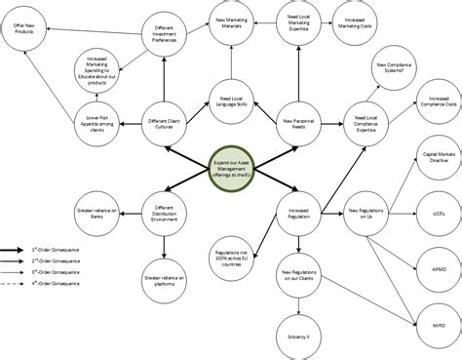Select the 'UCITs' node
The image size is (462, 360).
(438, 210)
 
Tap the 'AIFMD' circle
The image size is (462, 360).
(438, 264)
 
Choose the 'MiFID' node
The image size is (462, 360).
(438, 320)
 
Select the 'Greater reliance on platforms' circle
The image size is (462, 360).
(165, 282)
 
